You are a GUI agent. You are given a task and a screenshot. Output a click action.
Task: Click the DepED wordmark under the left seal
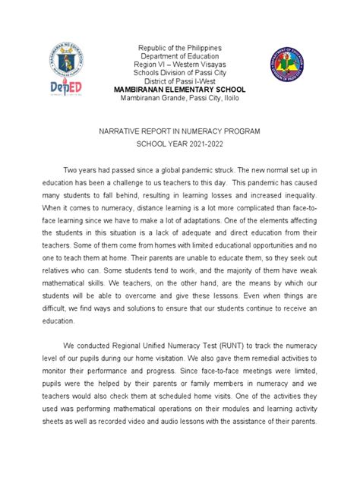[65, 88]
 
